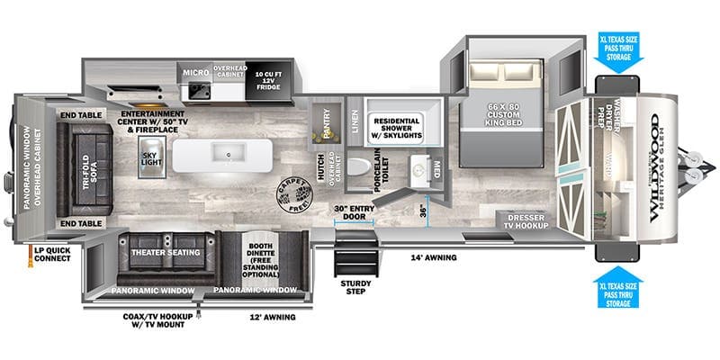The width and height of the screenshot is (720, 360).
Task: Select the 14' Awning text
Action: pos(433,257)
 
